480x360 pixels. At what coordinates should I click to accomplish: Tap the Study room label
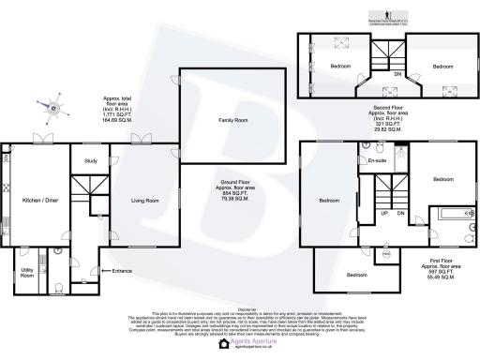(x=91, y=160)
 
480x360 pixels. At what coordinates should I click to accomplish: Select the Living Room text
(x=143, y=200)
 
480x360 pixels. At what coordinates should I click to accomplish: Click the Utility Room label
(x=27, y=273)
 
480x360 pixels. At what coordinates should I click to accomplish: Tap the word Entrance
(x=123, y=271)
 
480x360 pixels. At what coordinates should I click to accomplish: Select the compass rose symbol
(x=52, y=110)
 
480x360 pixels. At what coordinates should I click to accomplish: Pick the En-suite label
(x=378, y=162)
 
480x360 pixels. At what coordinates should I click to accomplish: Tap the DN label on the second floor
(x=397, y=73)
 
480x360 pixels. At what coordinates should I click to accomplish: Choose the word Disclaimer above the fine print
(x=240, y=307)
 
